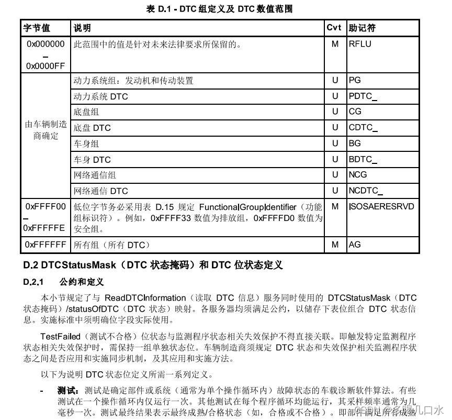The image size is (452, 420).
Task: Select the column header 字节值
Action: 37,28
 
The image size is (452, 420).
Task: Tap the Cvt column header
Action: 334,28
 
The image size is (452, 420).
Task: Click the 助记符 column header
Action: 363,28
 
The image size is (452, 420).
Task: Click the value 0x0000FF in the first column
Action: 46,66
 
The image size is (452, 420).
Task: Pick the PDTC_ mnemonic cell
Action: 363,96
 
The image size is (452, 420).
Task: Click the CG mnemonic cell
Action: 355,112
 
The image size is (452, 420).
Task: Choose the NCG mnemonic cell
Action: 358,174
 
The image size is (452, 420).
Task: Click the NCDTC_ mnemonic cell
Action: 366,191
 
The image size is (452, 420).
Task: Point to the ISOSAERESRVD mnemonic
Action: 381,206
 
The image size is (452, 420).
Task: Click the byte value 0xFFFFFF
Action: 46,245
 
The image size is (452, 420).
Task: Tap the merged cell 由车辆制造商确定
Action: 46,130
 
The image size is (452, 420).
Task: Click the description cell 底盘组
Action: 86,112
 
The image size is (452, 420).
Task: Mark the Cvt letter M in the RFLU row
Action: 335,44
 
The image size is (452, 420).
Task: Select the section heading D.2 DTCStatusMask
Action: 153,265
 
